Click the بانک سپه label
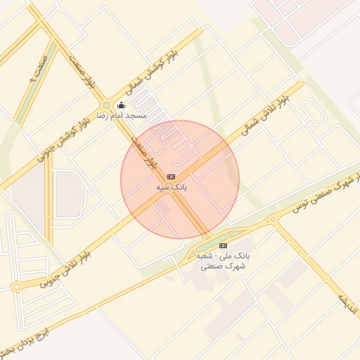pos(172,188)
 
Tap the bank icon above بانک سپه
pos(172,176)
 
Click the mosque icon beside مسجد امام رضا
pos(120,105)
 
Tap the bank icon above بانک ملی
pos(224,245)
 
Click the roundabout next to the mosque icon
pos(106,106)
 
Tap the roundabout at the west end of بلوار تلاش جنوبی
pos(17,287)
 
